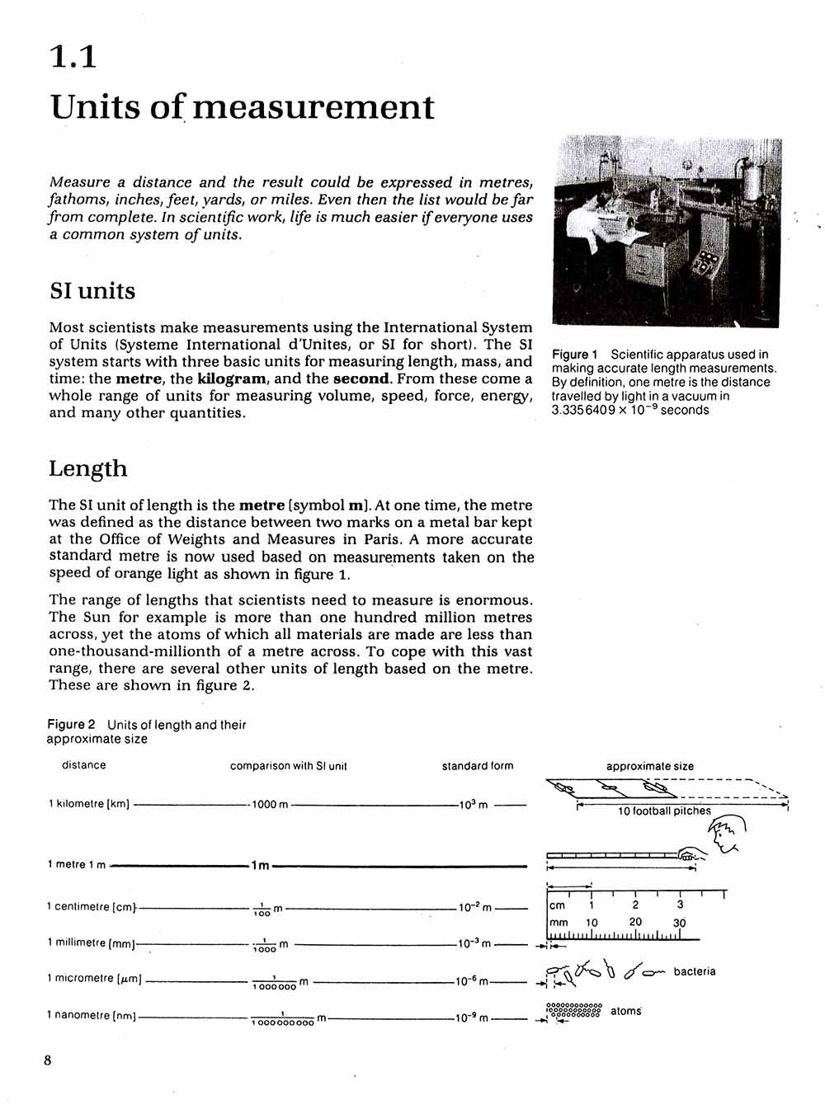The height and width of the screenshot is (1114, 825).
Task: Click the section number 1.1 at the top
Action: coord(73,56)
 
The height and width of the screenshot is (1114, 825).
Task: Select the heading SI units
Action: coord(92,291)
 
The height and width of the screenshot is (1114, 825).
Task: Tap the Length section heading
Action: coord(88,468)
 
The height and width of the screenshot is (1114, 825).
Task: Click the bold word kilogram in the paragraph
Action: coord(232,379)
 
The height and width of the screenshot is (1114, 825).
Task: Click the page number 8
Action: coord(48,1060)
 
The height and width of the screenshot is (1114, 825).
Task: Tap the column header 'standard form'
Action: coord(477,766)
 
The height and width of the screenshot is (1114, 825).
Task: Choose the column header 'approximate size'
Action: coord(649,766)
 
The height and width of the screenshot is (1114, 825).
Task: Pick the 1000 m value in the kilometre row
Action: coord(270,804)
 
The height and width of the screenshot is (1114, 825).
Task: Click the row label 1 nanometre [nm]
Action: coord(91,1015)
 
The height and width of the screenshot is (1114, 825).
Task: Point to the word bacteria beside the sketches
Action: coord(694,971)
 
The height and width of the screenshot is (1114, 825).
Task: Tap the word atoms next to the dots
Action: coord(625,1011)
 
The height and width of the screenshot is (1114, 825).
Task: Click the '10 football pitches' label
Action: coord(664,811)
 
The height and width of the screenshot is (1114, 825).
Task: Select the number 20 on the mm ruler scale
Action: coord(634,922)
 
